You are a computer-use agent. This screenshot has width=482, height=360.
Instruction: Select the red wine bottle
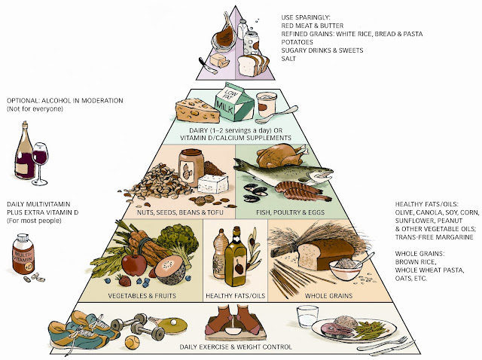(26, 154)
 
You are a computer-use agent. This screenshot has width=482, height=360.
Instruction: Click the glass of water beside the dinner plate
(307, 320)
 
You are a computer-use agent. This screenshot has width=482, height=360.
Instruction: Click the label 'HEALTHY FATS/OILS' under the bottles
(234, 296)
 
